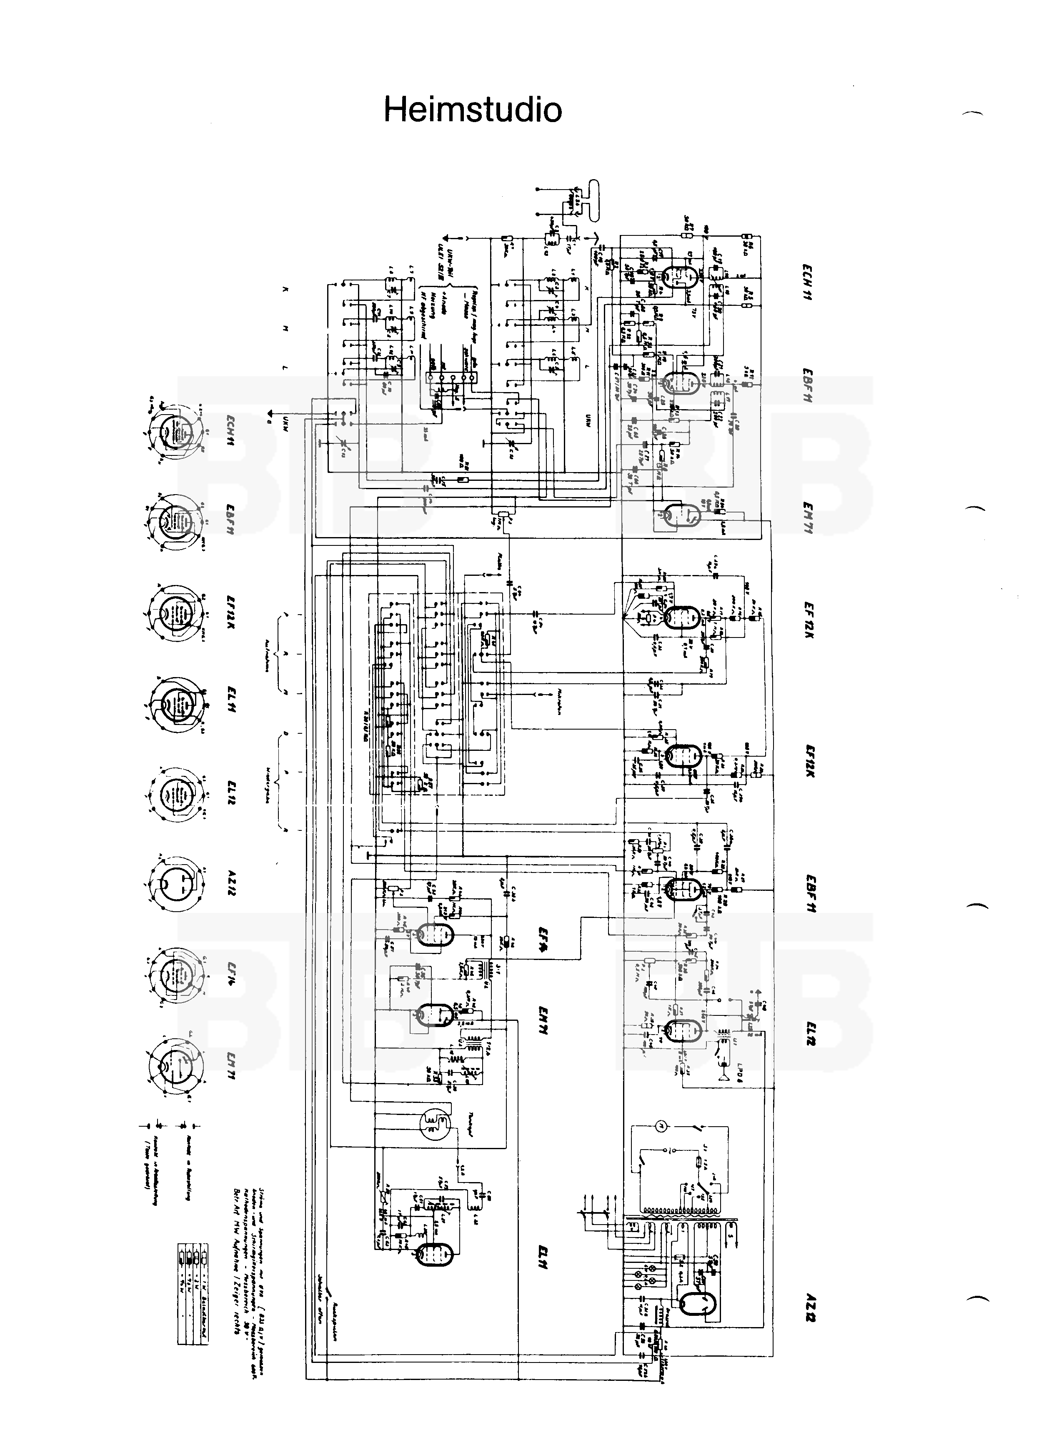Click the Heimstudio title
473,110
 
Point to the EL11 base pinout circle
174,702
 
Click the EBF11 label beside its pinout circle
229,520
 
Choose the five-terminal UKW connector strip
451,378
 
